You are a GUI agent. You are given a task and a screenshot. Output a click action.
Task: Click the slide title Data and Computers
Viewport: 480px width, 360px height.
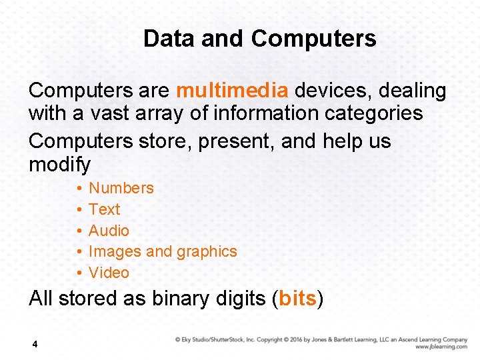[259, 38]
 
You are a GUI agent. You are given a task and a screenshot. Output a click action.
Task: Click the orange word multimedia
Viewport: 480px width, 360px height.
[232, 90]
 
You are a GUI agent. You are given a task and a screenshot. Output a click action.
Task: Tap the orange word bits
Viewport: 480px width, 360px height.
[297, 298]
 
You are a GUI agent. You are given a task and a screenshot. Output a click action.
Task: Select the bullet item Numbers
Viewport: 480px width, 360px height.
[121, 188]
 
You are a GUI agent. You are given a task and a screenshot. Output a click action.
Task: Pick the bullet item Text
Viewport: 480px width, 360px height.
[105, 209]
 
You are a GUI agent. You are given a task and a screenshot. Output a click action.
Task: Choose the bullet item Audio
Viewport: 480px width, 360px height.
[109, 231]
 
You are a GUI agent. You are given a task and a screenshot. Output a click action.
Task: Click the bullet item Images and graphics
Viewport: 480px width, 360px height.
[163, 251]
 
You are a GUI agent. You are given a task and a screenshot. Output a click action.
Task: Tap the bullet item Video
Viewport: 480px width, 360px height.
[109, 273]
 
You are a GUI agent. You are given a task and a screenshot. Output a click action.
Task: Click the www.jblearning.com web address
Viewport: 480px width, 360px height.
[441, 347]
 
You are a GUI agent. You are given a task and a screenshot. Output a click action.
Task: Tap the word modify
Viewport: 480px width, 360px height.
[59, 164]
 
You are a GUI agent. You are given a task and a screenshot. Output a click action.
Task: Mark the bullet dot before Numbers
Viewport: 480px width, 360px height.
[79, 189]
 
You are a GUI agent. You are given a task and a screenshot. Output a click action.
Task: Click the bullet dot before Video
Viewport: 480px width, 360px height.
[79, 273]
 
